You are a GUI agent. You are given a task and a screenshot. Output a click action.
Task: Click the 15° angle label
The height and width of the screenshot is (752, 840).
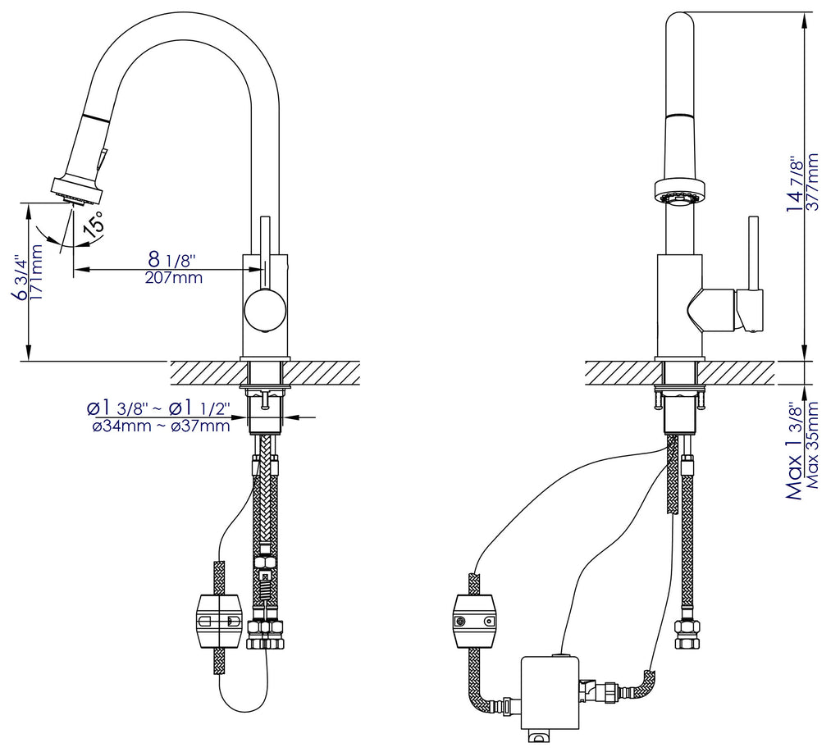(94, 225)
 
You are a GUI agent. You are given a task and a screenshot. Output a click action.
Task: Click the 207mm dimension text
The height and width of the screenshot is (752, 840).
(174, 277)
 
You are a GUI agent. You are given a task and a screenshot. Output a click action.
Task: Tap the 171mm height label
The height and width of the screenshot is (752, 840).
(37, 271)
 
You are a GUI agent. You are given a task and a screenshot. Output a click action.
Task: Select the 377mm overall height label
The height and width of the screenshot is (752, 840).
(813, 182)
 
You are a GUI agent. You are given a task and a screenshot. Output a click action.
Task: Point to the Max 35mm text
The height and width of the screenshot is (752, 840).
(813, 445)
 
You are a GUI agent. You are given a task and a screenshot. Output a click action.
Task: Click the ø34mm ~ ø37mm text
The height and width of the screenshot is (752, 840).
(162, 426)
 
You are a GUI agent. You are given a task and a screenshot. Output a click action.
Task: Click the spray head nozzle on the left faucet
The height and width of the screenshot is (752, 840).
(76, 191)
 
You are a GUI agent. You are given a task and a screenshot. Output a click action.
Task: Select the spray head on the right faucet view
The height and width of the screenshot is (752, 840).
(678, 191)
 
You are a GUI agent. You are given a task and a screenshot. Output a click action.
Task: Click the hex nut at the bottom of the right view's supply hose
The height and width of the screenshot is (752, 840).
(685, 627)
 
